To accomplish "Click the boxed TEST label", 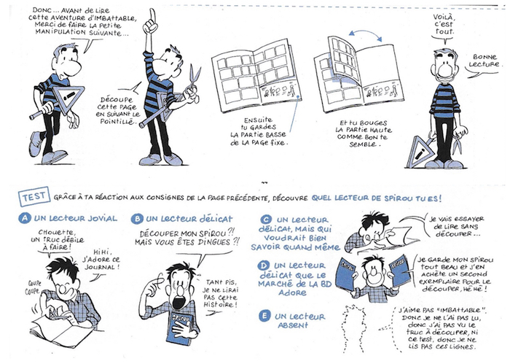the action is click(34, 196).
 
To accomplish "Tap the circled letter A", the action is click(25, 218).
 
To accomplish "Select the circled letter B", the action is click(137, 219).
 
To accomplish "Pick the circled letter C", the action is click(267, 220).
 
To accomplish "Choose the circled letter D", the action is click(263, 266).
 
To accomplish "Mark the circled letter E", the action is click(264, 316).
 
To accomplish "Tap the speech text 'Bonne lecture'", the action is click(484, 61).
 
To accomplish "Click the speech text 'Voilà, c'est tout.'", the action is click(443, 24).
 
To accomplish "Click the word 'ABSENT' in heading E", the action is click(293, 325).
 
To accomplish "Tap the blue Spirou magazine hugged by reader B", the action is click(179, 325).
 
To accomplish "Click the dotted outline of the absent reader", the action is click(355, 329).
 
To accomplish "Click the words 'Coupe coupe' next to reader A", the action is click(34, 287).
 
